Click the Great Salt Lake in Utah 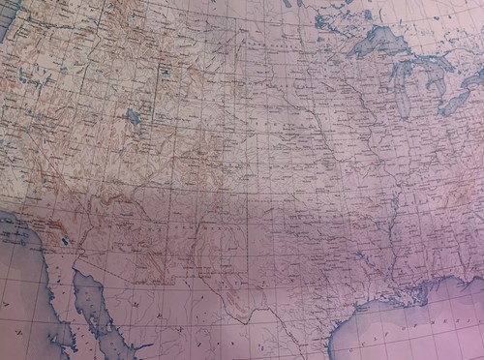tap(134, 119)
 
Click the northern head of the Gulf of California tap(77, 276)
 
